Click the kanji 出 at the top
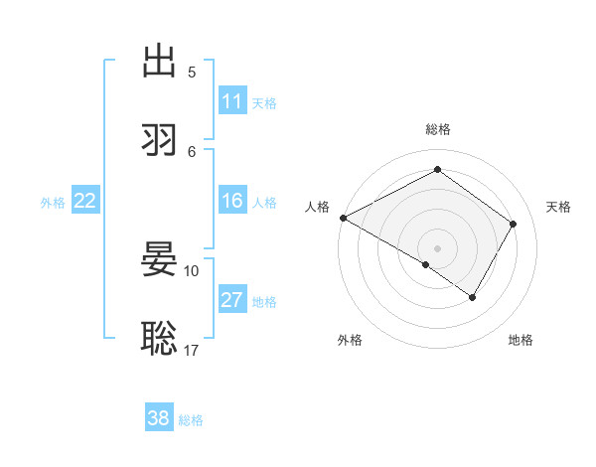(159, 61)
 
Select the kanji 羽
(159, 140)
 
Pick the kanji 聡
(159, 338)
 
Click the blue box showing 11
(232, 101)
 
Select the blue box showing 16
(232, 201)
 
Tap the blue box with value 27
(232, 300)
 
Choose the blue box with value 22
(85, 201)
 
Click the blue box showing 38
(159, 418)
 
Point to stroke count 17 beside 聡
(192, 350)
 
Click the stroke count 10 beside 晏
(192, 270)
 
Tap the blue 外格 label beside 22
(53, 202)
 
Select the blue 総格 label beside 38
(191, 419)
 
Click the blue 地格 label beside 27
(264, 301)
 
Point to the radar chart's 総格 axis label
(437, 129)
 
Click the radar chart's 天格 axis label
(558, 207)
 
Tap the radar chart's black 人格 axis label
(317, 207)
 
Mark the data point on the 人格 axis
(343, 218)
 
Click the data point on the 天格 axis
(513, 225)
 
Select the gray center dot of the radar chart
(437, 247)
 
